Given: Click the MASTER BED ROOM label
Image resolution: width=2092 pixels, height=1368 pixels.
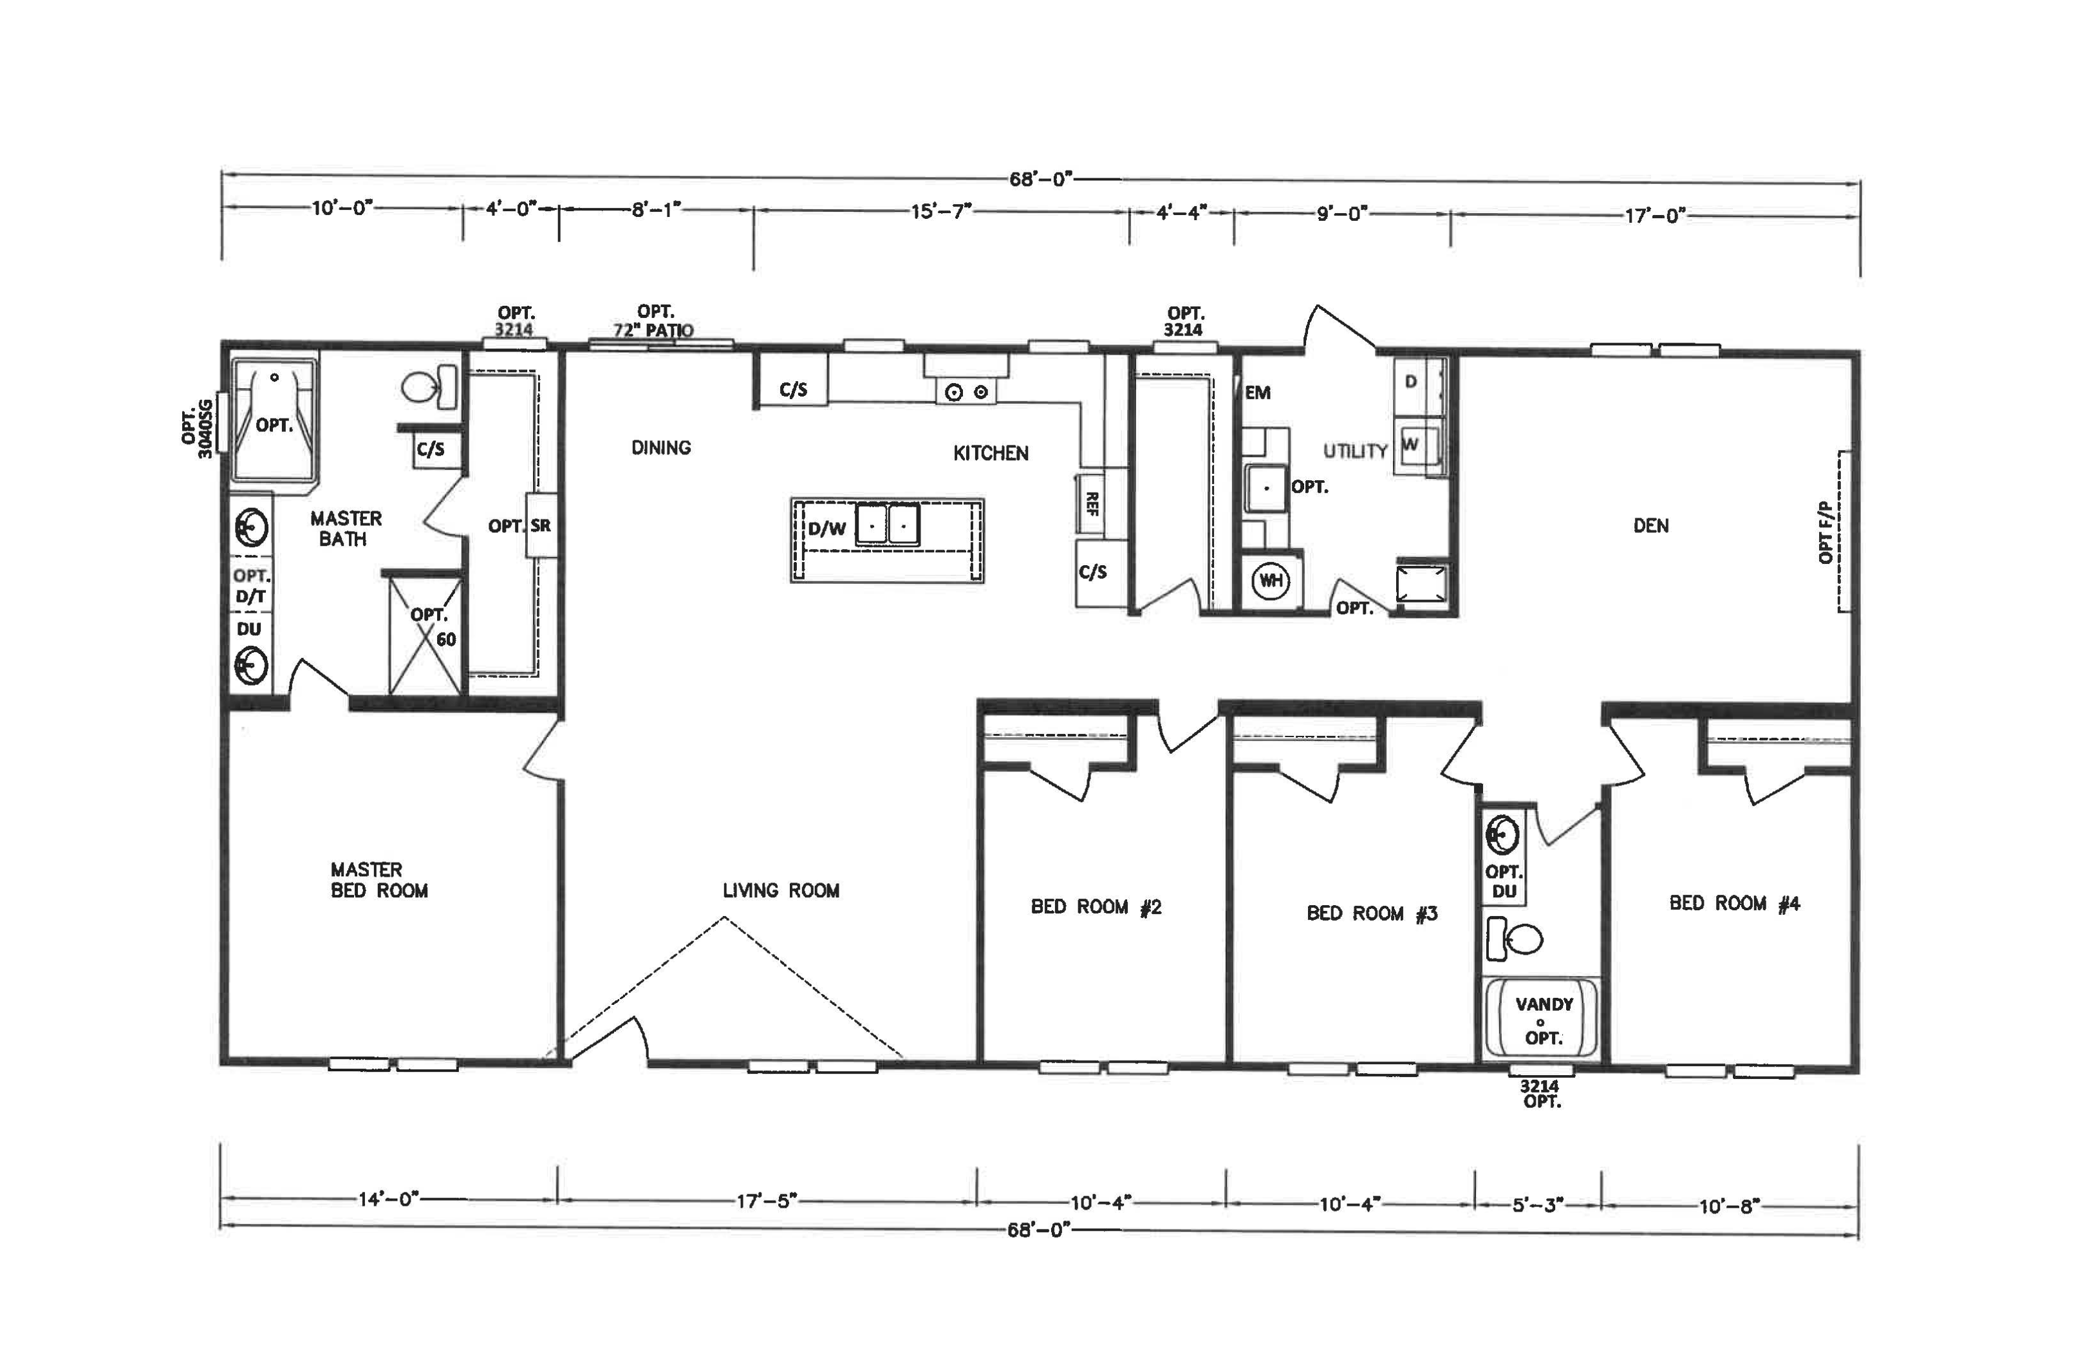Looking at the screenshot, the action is [379, 880].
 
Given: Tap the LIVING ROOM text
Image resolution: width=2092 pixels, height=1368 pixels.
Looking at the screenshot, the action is [781, 890].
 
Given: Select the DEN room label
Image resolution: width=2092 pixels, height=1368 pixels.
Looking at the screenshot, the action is [1650, 526].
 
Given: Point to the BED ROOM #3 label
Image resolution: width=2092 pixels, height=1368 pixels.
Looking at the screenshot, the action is [1372, 914].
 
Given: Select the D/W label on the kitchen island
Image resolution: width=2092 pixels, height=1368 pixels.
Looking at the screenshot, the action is [827, 529].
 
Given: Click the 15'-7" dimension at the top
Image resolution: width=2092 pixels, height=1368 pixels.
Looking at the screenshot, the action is [940, 212].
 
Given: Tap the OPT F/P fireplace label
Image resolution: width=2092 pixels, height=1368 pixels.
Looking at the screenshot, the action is [1827, 532].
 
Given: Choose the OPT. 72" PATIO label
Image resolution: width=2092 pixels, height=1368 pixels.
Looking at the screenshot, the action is [655, 321].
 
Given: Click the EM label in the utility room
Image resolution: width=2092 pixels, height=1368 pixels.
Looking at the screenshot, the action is [1258, 393].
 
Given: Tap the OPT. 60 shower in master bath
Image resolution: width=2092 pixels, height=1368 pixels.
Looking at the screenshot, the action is [425, 634].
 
